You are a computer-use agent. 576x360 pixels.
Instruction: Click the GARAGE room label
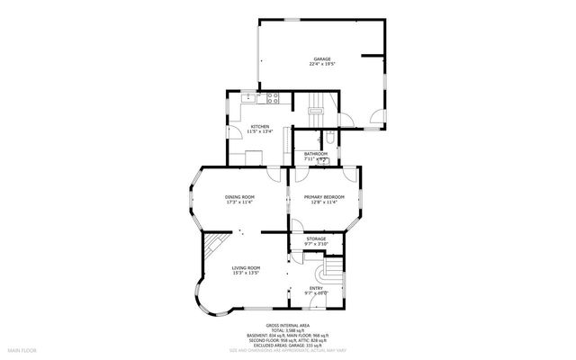coord(322,58)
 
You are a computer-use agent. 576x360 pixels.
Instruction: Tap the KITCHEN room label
coord(260,126)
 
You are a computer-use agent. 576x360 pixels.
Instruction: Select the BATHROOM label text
coord(316,154)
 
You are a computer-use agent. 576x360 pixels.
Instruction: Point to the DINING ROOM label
coord(239,196)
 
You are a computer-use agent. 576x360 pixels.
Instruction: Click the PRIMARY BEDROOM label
coord(321,196)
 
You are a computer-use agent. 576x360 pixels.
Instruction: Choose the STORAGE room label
coord(316,238)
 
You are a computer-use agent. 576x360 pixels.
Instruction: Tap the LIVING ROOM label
coord(247,267)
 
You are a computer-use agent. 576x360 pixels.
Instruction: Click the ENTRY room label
coord(316,287)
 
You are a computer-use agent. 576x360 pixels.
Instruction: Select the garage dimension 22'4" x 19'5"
coord(322,65)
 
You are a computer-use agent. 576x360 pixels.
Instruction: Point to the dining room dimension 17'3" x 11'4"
coord(239,202)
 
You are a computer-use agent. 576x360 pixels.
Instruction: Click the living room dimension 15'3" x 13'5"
coord(247,274)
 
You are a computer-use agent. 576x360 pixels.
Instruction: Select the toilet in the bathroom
coord(330,138)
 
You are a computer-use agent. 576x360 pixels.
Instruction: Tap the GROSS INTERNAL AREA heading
coord(288,325)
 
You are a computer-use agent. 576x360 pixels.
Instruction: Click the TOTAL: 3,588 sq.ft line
coord(288,330)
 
